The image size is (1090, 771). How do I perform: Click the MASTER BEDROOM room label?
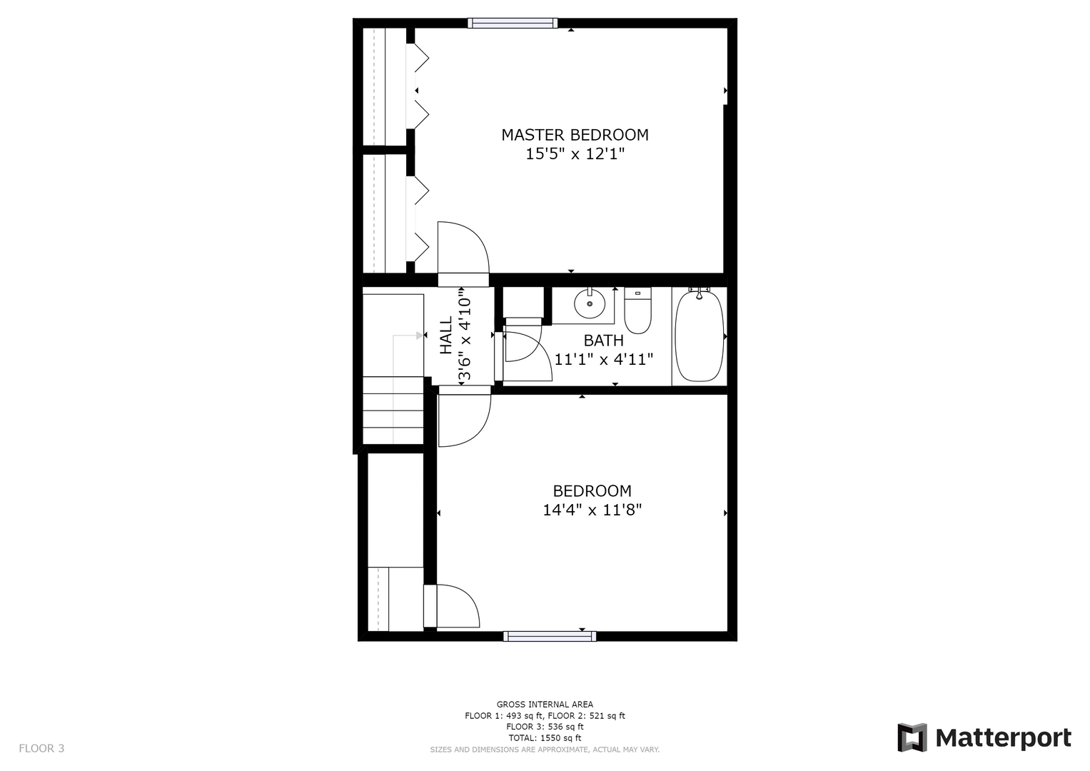pos(575,135)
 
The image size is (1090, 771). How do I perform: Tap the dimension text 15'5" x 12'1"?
pos(575,154)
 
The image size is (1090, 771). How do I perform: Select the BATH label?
pos(603,341)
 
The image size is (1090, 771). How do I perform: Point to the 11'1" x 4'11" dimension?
pos(603,360)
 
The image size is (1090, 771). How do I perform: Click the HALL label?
pos(446,336)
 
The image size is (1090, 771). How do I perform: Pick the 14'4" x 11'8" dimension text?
pos(592,510)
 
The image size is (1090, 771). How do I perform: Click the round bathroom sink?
pos(590,303)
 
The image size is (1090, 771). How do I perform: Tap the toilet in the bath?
pos(637,310)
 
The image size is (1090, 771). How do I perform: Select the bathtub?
pos(700,336)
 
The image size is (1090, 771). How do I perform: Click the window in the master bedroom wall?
pos(513,23)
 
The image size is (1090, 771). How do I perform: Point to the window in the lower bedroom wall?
pos(550,636)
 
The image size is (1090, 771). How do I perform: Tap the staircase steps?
pos(393,410)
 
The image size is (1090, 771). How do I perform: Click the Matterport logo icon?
pos(912,737)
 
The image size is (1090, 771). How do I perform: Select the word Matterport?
pos(1004,738)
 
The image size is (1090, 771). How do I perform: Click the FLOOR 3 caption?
pos(41,748)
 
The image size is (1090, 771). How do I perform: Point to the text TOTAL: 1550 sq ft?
pos(545,738)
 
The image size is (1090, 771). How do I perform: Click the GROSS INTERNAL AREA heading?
pos(545,705)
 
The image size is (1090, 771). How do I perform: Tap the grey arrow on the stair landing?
pos(408,336)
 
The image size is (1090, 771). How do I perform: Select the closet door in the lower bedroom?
pos(452,605)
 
